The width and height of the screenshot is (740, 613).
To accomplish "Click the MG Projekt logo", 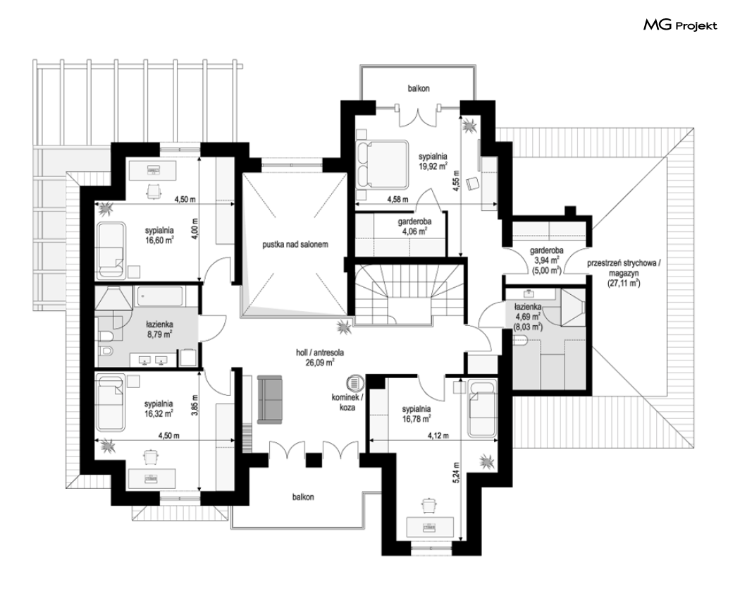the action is pos(680,25).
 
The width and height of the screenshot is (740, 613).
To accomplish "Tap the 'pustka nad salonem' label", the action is pos(295,245).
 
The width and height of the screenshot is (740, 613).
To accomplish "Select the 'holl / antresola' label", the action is pos(320,352).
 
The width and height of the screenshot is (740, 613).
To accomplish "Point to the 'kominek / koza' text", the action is pos(347,402).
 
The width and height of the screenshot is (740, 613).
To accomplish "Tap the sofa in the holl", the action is pos(269,399).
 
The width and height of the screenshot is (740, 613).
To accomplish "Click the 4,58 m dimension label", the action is pos(398,200).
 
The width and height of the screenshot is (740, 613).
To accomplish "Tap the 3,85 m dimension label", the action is pos(195,405).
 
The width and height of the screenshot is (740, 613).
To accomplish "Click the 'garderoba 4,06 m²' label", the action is pos(414,226).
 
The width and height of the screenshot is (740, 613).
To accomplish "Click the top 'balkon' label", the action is pos(419,88).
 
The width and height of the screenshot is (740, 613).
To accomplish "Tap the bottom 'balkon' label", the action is pos(303,497).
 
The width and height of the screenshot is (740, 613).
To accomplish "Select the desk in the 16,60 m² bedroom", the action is pos(152,169).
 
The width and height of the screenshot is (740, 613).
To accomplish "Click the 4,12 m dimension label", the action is pos(438,435).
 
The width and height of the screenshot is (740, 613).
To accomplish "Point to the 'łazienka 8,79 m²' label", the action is pos(159,329).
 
